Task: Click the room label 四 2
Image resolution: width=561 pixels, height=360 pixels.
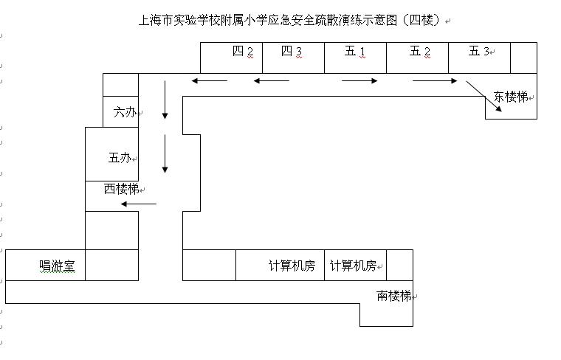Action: click(243, 52)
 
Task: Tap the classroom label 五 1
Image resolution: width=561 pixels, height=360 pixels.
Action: click(355, 52)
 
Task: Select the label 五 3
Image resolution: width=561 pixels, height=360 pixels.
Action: click(479, 51)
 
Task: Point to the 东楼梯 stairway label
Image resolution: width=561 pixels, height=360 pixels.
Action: click(511, 97)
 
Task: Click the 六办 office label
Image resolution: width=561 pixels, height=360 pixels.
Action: click(125, 112)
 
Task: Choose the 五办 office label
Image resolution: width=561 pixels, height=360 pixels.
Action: click(120, 158)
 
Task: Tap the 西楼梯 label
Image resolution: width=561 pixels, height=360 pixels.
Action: click(121, 189)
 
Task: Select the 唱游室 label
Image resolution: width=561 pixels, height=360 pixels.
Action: click(58, 266)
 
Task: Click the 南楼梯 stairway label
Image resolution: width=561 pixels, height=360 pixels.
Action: click(394, 296)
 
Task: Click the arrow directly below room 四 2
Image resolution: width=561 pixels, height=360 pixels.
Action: click(210, 81)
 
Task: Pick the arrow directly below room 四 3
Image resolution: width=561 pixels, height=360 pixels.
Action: click(272, 81)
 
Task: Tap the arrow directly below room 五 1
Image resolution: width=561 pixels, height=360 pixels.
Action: click(359, 81)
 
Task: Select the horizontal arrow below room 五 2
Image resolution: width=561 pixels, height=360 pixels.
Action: click(435, 81)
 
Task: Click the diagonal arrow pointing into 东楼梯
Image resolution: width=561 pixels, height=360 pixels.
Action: click(484, 97)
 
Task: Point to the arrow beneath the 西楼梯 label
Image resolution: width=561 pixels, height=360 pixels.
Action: click(139, 204)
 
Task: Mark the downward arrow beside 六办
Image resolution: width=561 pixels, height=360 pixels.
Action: click(165, 100)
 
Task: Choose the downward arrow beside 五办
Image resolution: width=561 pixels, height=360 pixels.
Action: click(165, 153)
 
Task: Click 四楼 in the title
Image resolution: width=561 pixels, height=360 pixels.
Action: click(421, 20)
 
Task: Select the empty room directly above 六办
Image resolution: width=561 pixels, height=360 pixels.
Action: click(120, 85)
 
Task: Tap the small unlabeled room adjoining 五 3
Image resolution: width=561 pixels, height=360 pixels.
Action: click(524, 58)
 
